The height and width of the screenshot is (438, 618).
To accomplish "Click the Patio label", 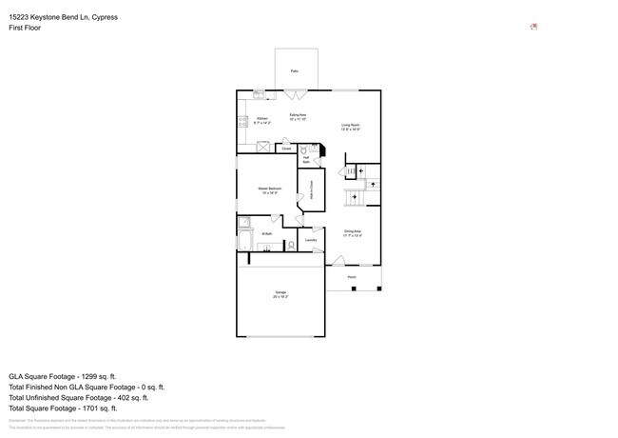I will [294, 71].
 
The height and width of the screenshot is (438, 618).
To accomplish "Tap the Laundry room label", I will [311, 241].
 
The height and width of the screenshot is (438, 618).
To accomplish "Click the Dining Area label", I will [352, 232].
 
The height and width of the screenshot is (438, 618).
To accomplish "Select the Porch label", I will [352, 277].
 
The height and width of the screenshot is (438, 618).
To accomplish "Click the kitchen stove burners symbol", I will [241, 121].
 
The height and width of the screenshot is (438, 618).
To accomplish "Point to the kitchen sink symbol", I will [259, 93].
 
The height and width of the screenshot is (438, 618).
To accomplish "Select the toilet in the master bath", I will [290, 246].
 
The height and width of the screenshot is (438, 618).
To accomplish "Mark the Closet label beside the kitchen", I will [285, 149].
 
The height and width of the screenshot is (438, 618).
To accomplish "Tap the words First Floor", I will [25, 28].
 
